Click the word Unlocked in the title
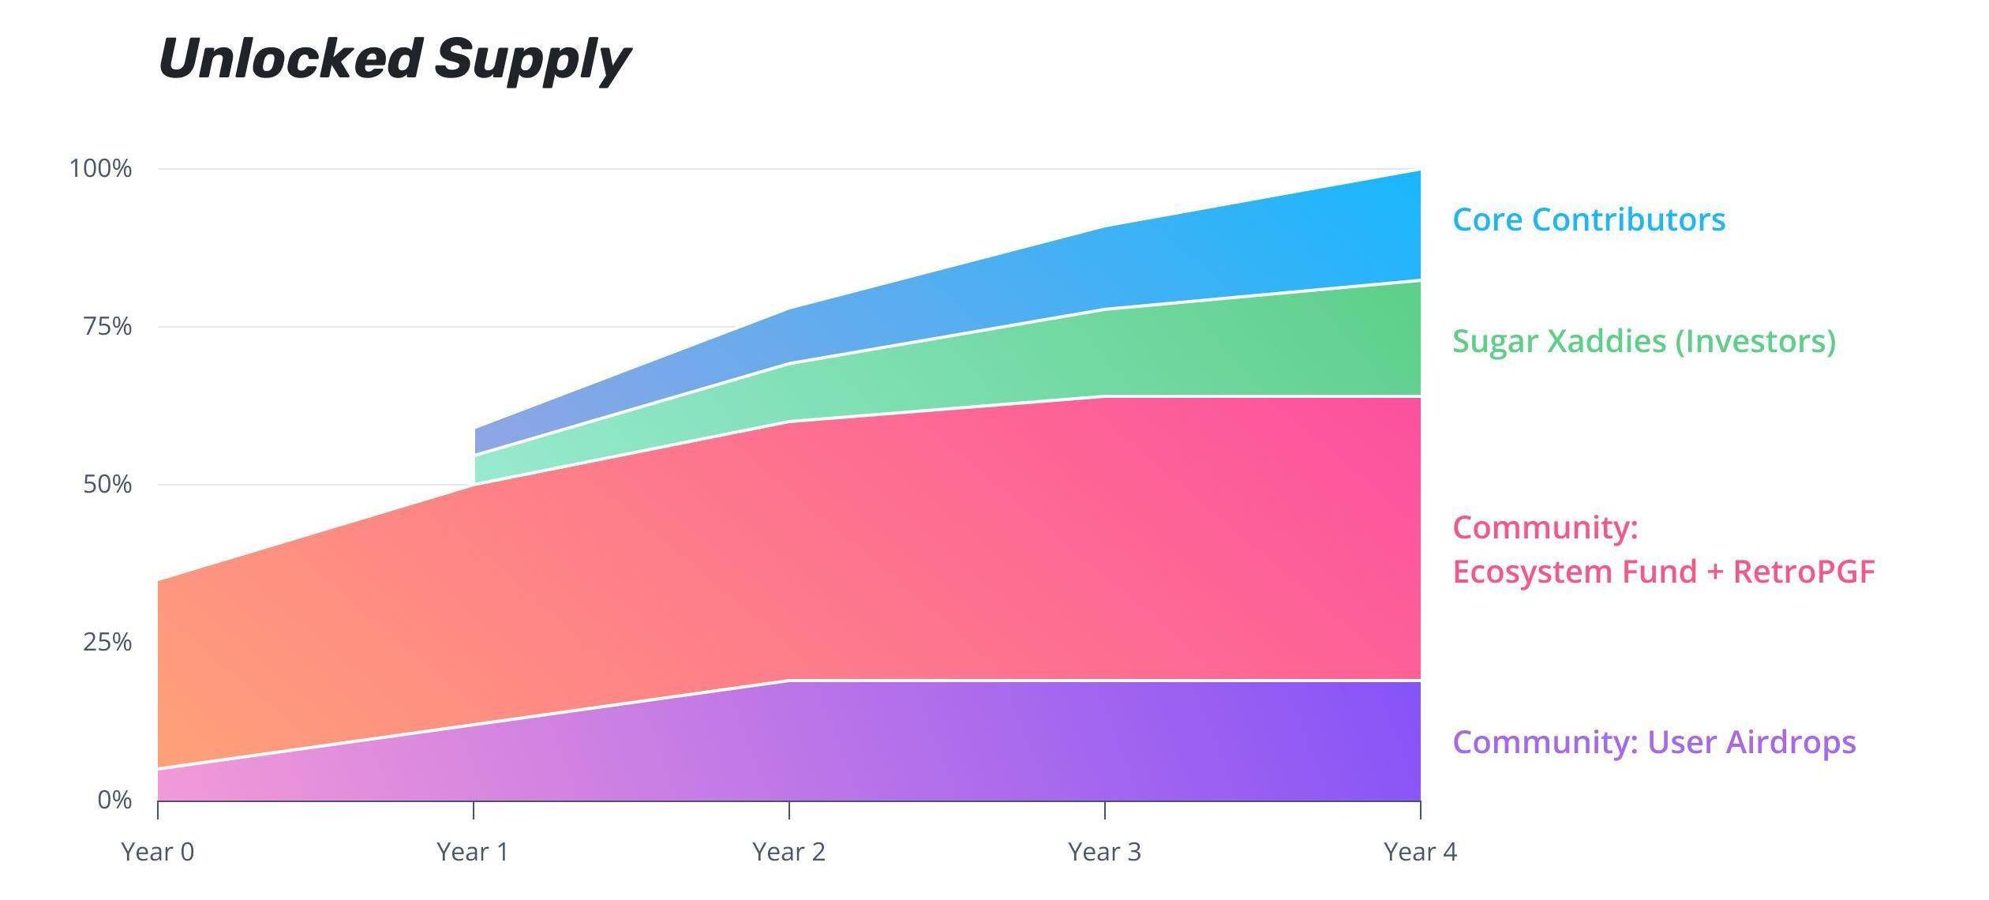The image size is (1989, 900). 289,59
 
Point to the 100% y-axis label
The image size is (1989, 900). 101,168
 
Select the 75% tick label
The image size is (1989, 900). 107,326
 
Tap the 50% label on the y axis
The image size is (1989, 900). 107,484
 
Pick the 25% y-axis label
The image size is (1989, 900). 107,642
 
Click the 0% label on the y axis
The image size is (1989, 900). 114,800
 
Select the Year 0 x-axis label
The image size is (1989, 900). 157,852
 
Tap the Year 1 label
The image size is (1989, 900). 473,852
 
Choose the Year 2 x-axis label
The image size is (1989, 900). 788,852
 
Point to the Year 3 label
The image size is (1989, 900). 1104,852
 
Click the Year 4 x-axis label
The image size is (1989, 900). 1420,852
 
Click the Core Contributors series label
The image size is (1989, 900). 1589,219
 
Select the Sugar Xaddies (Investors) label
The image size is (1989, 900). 1644,341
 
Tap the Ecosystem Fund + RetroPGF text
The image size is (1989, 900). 1664,572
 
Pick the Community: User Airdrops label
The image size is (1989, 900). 1654,742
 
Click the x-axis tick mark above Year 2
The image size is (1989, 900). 789,810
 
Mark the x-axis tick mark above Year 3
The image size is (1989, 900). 1105,810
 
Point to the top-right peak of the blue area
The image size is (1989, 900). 1419,172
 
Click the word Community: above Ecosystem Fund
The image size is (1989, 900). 1545,527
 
